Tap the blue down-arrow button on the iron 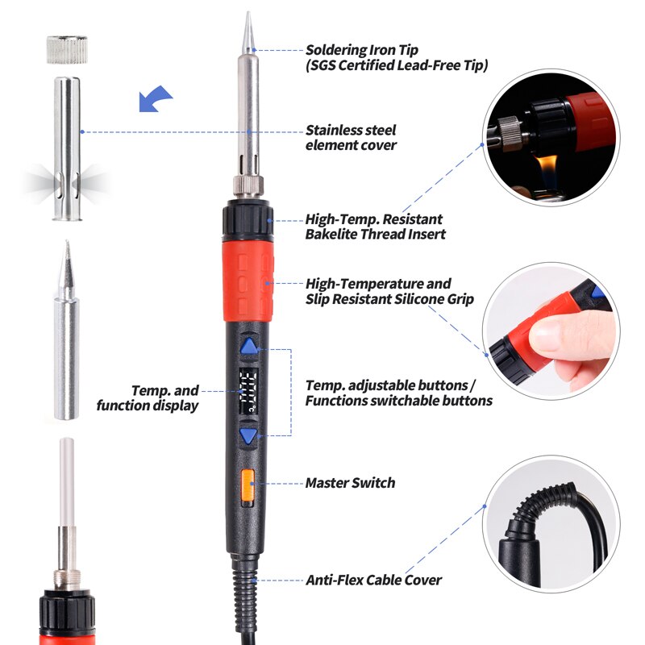pos(249,437)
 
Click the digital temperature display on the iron pos(248,392)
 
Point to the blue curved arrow pos(156,99)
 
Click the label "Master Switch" pos(350,483)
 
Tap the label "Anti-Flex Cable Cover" pos(373,580)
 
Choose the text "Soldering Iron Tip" pos(362,50)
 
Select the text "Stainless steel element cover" pos(351,137)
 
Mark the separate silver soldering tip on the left pos(66,339)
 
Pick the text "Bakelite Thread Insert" pos(375,234)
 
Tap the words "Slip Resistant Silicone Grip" pos(389,299)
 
